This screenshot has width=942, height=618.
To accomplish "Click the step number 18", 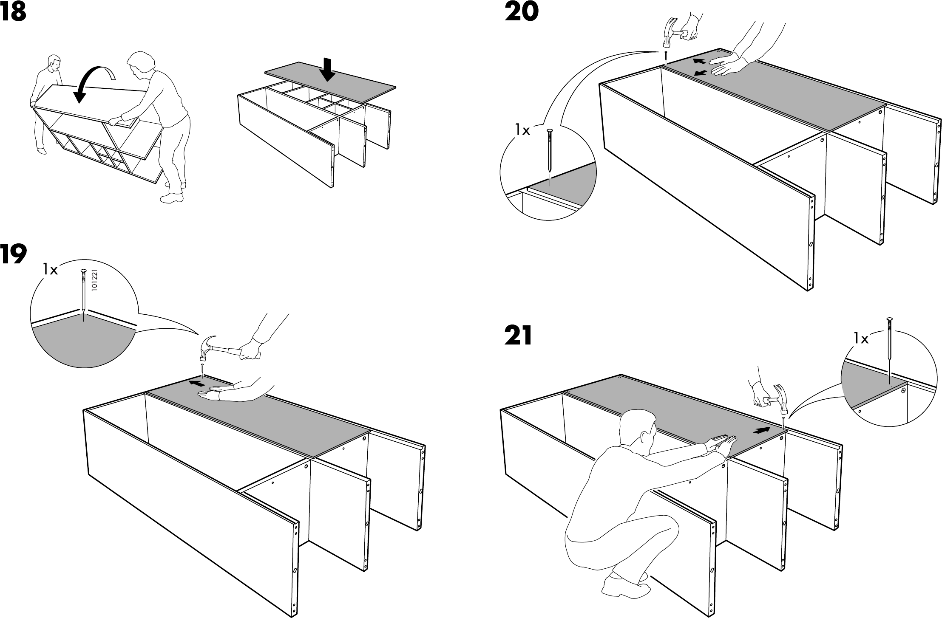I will tap(13, 13).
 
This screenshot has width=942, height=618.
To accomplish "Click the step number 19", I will tap(13, 255).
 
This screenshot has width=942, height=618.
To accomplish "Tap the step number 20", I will tap(521, 12).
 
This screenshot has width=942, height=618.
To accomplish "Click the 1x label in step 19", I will tap(50, 269).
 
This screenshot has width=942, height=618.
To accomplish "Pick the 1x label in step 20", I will tap(522, 130).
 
